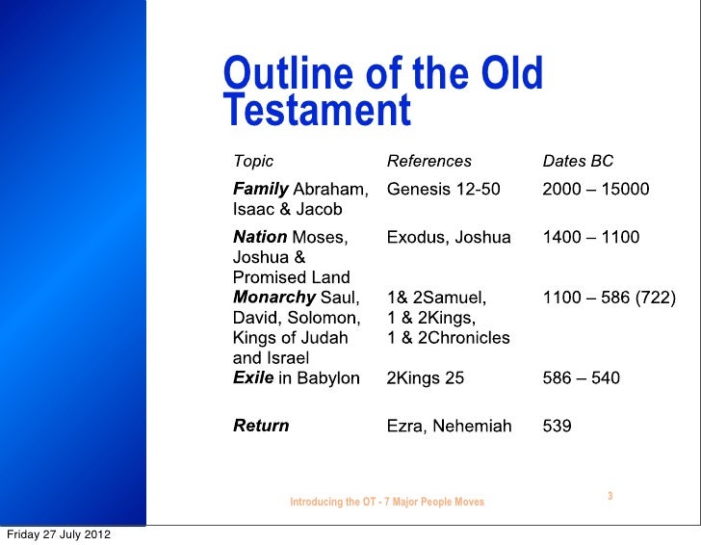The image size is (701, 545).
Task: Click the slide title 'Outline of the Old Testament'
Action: pos(383,92)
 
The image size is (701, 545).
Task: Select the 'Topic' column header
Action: pos(253,162)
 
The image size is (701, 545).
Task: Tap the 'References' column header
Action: pos(429,162)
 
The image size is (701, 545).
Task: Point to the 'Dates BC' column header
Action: pos(578,162)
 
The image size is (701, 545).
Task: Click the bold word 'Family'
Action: pos(260,189)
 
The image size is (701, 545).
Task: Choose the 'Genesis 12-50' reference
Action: pos(443,189)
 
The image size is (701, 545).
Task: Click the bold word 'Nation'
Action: pos(260,237)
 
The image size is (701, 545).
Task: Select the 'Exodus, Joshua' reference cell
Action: pos(449,237)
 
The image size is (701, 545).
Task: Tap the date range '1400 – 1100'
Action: pos(591,237)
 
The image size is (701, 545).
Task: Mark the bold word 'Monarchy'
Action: pos(274,298)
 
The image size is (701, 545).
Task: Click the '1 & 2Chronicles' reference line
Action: pos(449,338)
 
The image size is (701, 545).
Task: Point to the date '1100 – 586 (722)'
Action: pos(610,298)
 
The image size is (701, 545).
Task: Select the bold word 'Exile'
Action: pos(253,378)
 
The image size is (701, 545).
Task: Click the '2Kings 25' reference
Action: pos(426,378)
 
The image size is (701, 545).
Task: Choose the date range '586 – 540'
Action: pos(582,378)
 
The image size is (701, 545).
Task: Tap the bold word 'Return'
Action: pos(261,426)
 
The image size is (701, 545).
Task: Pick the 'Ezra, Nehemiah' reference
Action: pos(449,426)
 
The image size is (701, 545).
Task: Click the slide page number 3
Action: pos(610,496)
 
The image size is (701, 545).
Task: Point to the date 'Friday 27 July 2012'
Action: pos(57,534)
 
